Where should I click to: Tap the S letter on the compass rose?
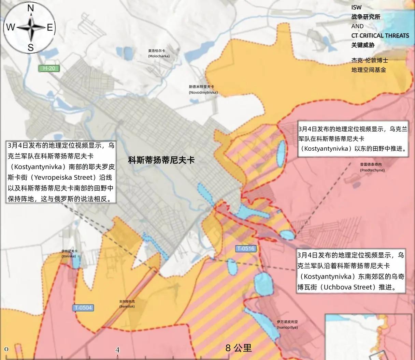30,47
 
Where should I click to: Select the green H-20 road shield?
49,68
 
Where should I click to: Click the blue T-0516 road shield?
245,249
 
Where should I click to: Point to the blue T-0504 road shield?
83,308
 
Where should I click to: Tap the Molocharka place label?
159,53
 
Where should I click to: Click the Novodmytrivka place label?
203,90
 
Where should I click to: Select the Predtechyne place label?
372,167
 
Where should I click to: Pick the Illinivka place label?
69,253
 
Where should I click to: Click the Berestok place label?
127,304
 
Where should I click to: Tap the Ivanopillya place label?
287,324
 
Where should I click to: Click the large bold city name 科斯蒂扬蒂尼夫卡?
161,160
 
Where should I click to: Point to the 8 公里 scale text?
239,348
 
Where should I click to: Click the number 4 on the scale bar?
117,350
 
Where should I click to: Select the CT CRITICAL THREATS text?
380,35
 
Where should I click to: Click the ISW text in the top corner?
356,7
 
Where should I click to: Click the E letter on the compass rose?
50,28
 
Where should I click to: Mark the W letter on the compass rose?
11,28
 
